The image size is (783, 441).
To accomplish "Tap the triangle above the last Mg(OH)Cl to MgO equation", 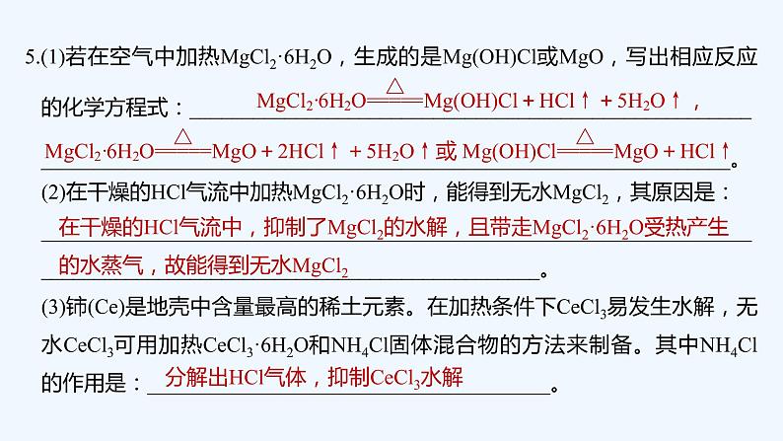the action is [x=585, y=136].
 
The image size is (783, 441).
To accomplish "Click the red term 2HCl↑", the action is [x=305, y=153].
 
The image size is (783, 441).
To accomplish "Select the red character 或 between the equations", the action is [x=447, y=153].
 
